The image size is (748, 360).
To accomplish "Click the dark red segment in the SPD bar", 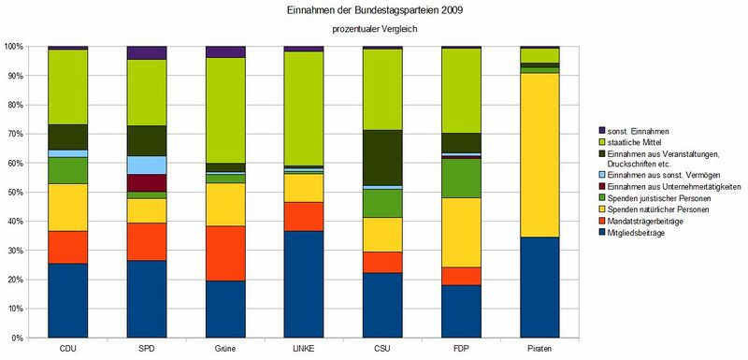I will (x=147, y=182).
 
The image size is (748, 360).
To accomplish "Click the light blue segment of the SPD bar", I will (x=147, y=165).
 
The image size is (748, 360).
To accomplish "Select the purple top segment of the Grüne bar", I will (x=225, y=51).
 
